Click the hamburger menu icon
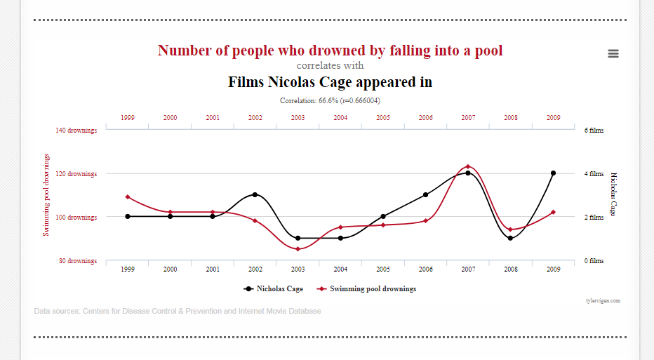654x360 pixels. pyautogui.click(x=613, y=53)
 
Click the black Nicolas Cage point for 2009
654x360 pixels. pyautogui.click(x=553, y=173)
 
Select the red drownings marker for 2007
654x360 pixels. pyautogui.click(x=468, y=166)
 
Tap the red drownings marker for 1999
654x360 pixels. pyautogui.click(x=128, y=197)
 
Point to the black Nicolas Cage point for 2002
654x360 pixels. pyautogui.click(x=255, y=194)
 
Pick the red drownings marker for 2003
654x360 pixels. pyautogui.click(x=298, y=249)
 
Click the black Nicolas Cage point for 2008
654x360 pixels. pyautogui.click(x=510, y=238)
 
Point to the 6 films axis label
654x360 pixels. pyautogui.click(x=594, y=131)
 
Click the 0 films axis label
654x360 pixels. pyautogui.click(x=594, y=261)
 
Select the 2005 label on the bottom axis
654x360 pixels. pyautogui.click(x=382, y=269)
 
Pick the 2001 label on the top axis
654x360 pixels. pyautogui.click(x=213, y=118)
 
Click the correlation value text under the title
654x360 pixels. pyautogui.click(x=330, y=100)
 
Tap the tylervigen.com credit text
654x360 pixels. pyautogui.click(x=603, y=300)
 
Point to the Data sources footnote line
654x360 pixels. pyautogui.click(x=177, y=311)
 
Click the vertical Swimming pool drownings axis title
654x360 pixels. pyautogui.click(x=46, y=195)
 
